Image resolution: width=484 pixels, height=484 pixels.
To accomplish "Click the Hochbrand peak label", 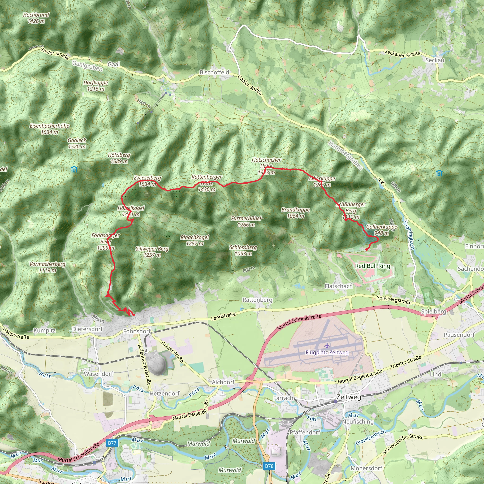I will (36, 18).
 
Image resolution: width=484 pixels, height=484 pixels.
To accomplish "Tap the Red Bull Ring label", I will (372, 266).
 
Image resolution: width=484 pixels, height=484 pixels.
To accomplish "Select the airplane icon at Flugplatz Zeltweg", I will (327, 346).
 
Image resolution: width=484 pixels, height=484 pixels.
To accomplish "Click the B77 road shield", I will (112, 443).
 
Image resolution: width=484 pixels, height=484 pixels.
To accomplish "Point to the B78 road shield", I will (269, 466).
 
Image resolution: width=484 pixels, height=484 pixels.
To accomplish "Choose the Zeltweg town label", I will (349, 397).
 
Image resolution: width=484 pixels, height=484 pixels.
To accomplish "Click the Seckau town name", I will (435, 60).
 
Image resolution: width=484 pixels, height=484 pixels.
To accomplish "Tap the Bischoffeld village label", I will (214, 72).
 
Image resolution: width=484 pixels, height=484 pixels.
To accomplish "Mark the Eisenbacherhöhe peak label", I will (50, 129).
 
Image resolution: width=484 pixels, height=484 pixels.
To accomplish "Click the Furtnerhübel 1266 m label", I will (246, 221).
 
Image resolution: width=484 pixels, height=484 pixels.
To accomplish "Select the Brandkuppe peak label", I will (296, 213).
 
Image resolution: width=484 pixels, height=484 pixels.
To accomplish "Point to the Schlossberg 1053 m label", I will (243, 250).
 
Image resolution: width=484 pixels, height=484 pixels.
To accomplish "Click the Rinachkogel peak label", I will (195, 240).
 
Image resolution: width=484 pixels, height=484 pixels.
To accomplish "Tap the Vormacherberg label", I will (47, 267).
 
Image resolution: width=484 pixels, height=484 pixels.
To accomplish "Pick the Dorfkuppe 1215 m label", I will (96, 86).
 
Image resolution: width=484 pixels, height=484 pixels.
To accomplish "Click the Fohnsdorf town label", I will (137, 331).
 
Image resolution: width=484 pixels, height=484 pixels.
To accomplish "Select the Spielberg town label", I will (433, 311).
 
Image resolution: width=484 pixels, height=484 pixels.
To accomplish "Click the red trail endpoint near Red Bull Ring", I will (367, 250).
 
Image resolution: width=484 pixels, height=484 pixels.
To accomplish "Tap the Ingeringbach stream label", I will (409, 235).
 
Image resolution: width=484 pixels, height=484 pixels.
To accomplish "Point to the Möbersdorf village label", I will (366, 468).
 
